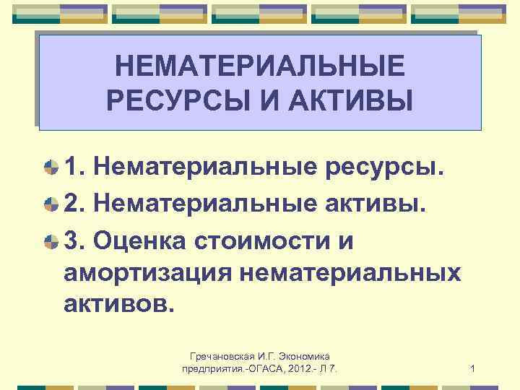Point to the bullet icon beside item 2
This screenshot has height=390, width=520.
(x=51, y=204)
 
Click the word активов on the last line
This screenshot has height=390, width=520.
(x=118, y=304)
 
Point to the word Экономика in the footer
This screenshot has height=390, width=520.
(x=303, y=357)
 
